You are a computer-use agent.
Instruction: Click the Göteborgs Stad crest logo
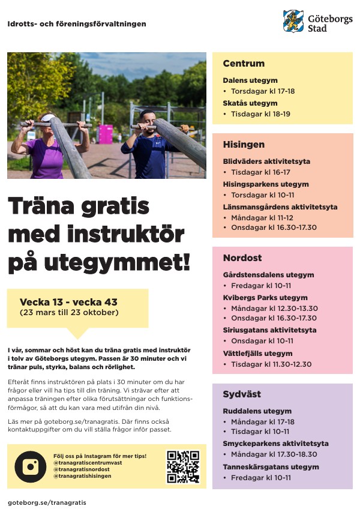point(293,21)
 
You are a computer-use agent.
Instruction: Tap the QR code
point(182,466)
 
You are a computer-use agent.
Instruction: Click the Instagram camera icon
point(30,466)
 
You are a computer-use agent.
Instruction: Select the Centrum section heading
point(244,64)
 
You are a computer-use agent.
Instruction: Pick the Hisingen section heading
point(244,145)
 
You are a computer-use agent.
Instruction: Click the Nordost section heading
point(242,258)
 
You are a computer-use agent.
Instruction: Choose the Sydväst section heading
point(242,394)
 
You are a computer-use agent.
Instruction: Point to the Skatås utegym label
point(250,103)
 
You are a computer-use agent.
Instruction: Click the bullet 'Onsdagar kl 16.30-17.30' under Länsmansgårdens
point(274,227)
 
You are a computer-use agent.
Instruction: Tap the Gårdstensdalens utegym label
point(268,275)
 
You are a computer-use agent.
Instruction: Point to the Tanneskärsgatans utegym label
point(271,466)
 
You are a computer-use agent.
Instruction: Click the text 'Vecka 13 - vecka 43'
point(68,302)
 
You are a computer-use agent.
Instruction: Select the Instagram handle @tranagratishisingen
point(82,476)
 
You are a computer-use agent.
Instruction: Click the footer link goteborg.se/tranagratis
point(47,502)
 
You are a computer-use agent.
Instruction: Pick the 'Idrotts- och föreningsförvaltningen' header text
point(77,24)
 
